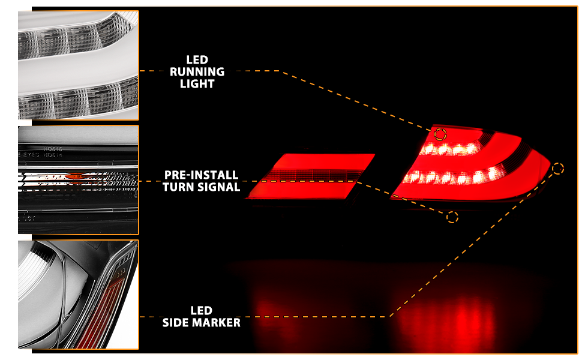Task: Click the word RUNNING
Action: click(197, 72)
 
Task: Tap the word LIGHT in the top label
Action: click(197, 84)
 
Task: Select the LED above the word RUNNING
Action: click(197, 59)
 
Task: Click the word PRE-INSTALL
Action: click(201, 175)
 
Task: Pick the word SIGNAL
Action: click(218, 187)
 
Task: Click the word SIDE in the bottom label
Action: click(177, 323)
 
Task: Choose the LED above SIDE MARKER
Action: click(201, 311)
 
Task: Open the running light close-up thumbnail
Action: click(79, 65)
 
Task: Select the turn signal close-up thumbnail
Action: click(79, 179)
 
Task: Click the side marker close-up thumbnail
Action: click(79, 295)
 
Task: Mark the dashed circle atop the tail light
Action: click(440, 134)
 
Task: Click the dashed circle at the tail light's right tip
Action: click(558, 169)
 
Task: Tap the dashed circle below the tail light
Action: click(452, 217)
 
